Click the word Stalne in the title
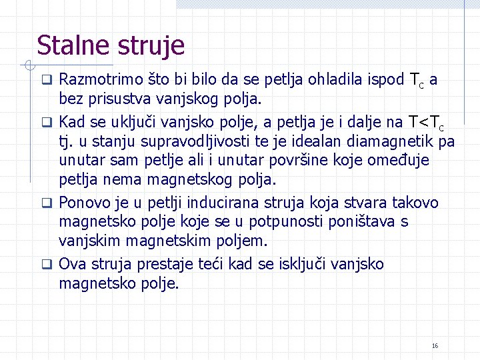coord(73,46)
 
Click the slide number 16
coord(435,346)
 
